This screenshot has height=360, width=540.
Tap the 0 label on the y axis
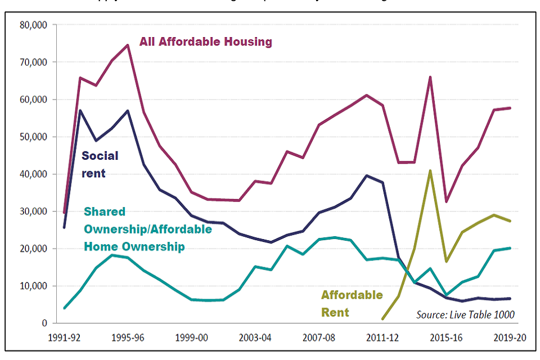point(44,323)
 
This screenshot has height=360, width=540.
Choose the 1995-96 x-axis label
point(129,338)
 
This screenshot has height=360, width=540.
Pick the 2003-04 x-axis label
point(256,338)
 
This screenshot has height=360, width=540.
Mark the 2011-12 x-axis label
point(383,338)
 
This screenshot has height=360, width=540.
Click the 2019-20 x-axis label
point(510,338)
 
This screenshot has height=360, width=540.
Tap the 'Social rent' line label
point(100,164)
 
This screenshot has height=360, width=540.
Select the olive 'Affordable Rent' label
point(352,303)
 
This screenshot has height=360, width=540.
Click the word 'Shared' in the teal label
point(105,211)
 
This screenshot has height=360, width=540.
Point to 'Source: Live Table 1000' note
point(465,314)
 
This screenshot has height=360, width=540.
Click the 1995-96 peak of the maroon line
point(128,44)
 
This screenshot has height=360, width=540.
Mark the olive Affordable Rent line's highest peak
point(431,170)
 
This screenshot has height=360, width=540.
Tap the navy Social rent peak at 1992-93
point(80,110)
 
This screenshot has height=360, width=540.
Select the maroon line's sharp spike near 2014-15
point(431,77)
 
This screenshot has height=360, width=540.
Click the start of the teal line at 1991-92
point(65,308)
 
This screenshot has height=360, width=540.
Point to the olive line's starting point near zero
point(384,319)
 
